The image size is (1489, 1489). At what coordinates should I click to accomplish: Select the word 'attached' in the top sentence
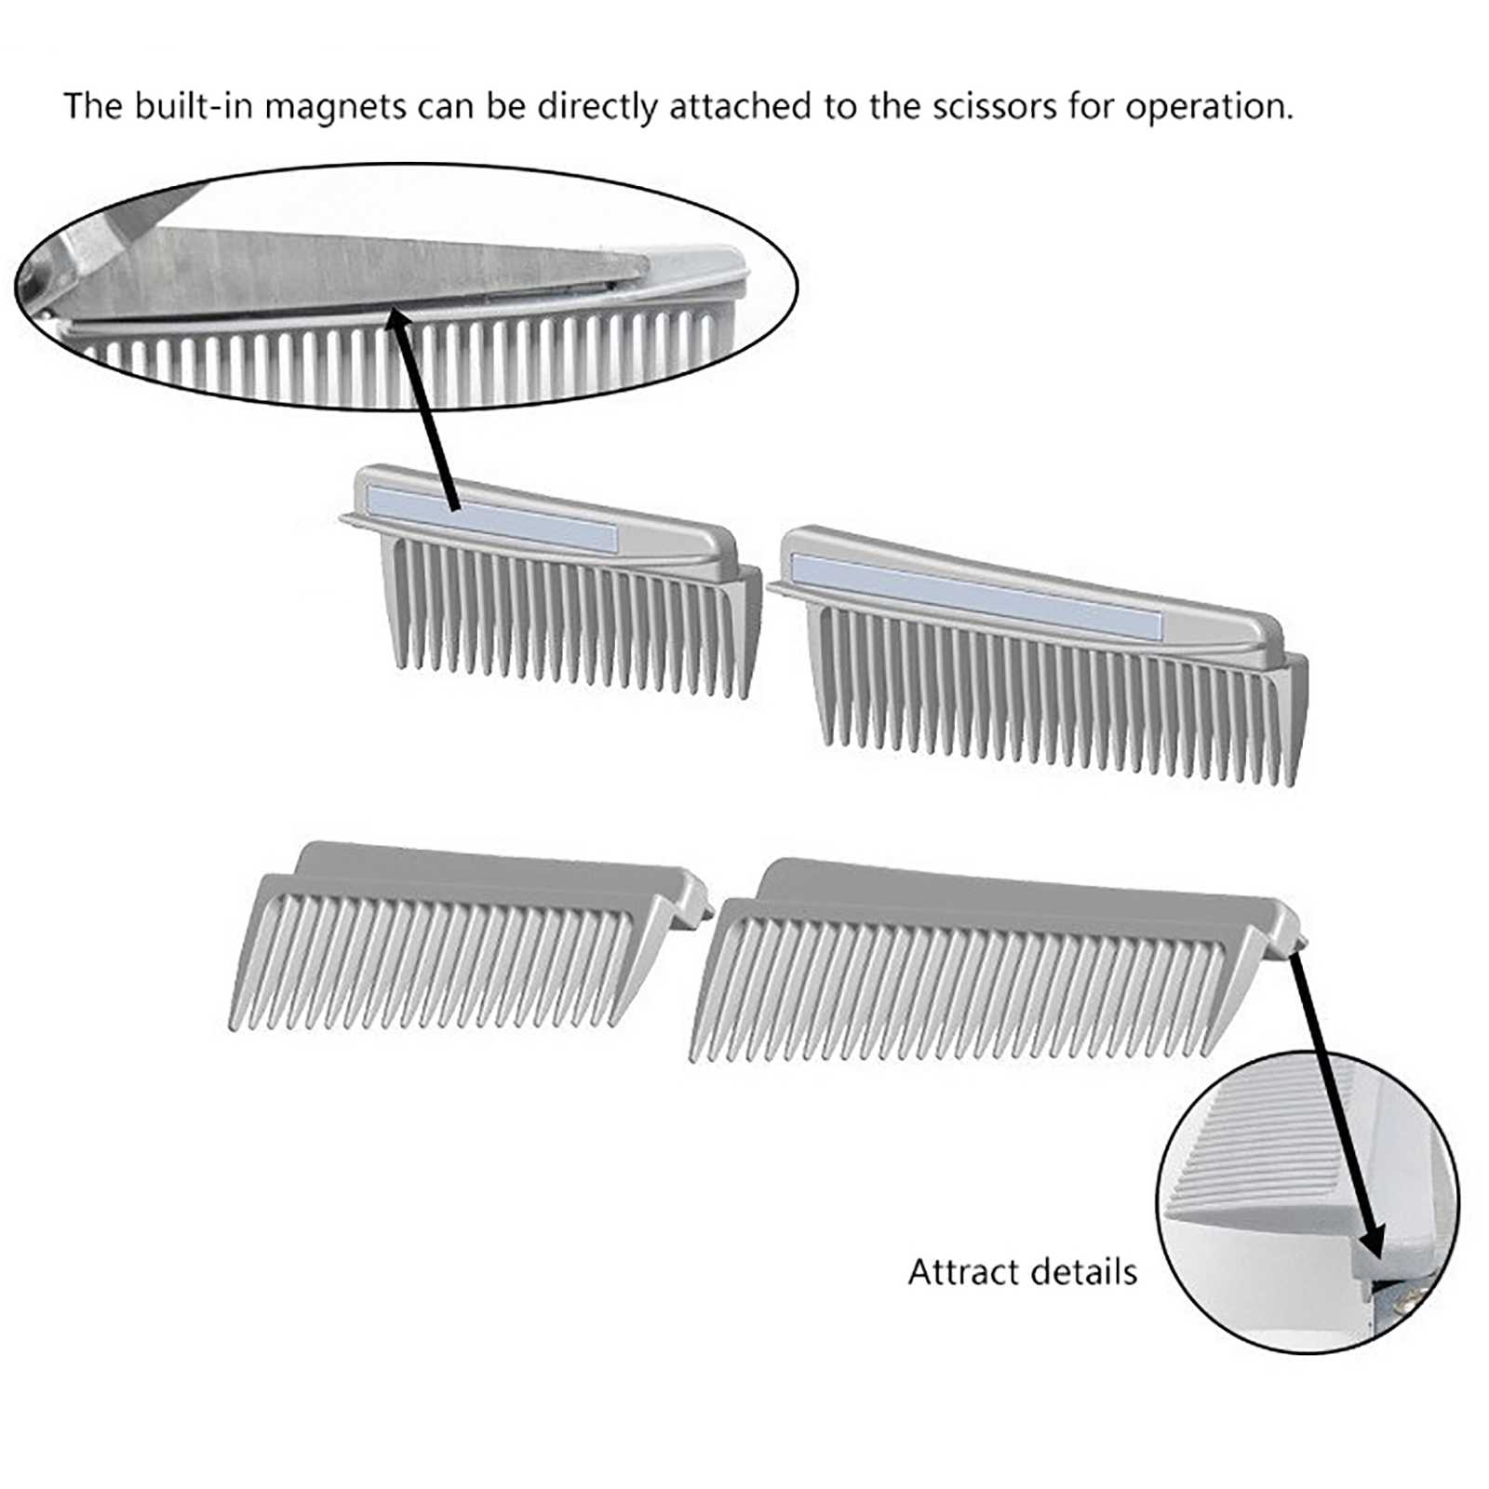click(742, 107)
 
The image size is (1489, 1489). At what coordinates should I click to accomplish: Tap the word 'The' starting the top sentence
click(92, 107)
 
